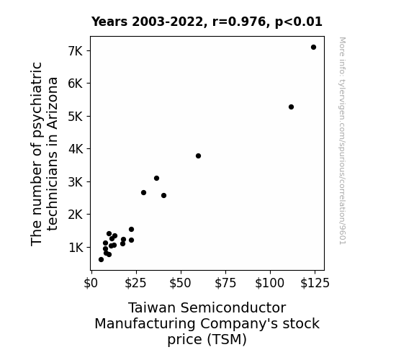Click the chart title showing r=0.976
pyautogui.click(x=207, y=22)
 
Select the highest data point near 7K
pyautogui.click(x=313, y=48)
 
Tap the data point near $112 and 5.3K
pyautogui.click(x=291, y=107)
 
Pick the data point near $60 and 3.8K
pyautogui.click(x=198, y=156)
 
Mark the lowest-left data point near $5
pyautogui.click(x=101, y=260)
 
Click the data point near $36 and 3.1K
pyautogui.click(x=156, y=179)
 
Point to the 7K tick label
pyautogui.click(x=76, y=51)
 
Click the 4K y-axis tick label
pyautogui.click(x=76, y=149)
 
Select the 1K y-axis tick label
pyautogui.click(x=76, y=248)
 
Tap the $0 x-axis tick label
pyautogui.click(x=91, y=283)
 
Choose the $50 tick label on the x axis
pyautogui.click(x=180, y=283)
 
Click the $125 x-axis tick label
pyautogui.click(x=315, y=283)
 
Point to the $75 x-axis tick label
pyautogui.click(x=225, y=283)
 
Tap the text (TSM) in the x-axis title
pyautogui.click(x=227, y=339)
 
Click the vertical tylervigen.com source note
pyautogui.click(x=342, y=141)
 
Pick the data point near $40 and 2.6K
pyautogui.click(x=163, y=196)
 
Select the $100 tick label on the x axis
pyautogui.click(x=269, y=283)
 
